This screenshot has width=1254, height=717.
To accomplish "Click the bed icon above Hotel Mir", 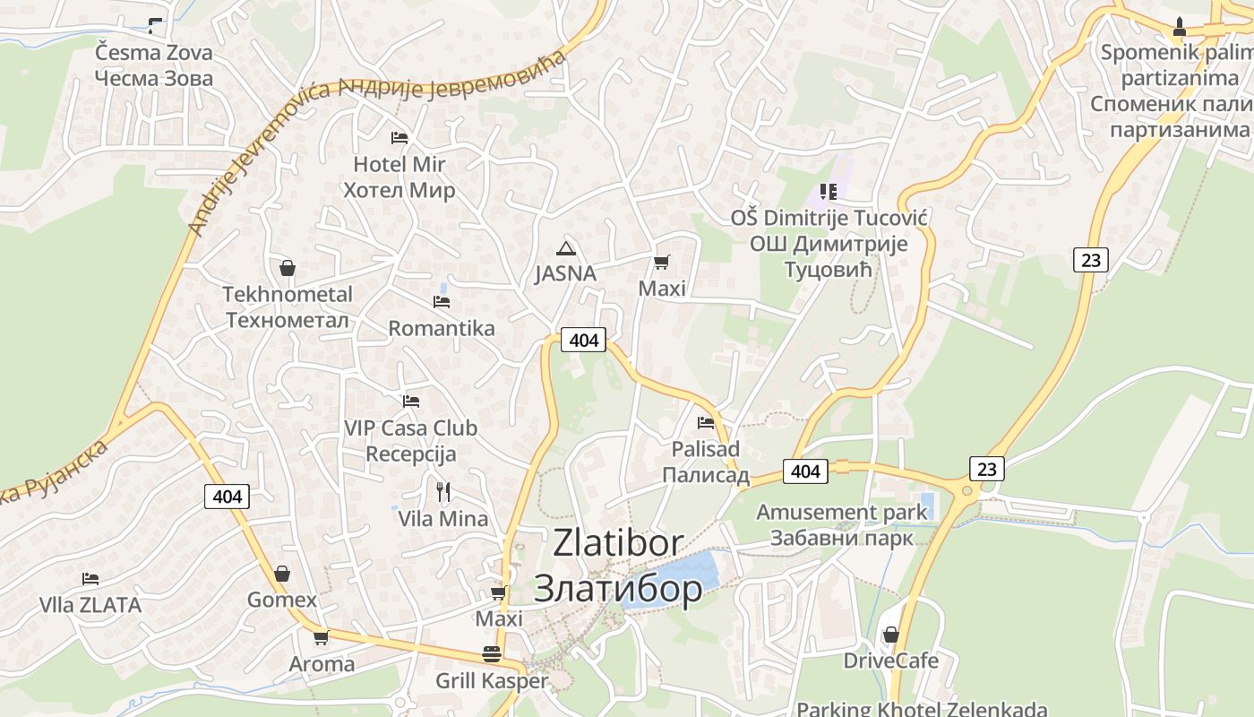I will click(x=399, y=138).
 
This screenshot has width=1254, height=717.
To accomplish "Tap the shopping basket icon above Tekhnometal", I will click(x=288, y=268).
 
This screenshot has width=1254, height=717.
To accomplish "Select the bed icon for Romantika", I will click(x=442, y=302).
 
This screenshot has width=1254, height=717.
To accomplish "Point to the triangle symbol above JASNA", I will click(x=564, y=248).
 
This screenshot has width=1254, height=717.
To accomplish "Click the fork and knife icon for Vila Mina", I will click(x=442, y=491).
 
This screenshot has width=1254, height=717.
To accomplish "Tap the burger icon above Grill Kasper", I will click(x=491, y=654).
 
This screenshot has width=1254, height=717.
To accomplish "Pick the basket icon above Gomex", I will click(x=282, y=574).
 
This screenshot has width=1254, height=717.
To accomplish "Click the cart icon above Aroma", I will click(x=321, y=637).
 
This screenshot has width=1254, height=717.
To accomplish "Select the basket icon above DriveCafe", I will click(x=890, y=635).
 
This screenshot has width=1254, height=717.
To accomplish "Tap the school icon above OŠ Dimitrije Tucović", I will click(x=829, y=191).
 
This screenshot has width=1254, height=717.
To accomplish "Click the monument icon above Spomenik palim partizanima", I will click(x=1180, y=26).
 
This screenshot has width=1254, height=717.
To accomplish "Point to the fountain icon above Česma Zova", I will click(x=155, y=26).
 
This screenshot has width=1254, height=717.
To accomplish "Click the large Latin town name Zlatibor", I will click(x=618, y=543).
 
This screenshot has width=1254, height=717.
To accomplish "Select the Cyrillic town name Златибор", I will click(x=618, y=589).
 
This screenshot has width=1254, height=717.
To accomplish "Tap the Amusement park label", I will click(x=842, y=513).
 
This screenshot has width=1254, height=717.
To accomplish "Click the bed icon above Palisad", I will click(x=706, y=422).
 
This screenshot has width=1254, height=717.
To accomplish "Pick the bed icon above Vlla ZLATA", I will click(x=90, y=579).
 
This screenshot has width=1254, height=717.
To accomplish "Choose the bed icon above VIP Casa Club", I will click(x=410, y=402).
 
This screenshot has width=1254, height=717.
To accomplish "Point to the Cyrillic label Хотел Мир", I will click(x=399, y=190).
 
